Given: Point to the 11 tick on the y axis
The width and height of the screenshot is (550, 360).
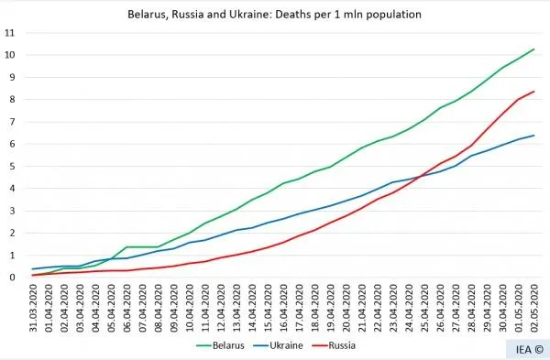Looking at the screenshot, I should (x=10, y=33).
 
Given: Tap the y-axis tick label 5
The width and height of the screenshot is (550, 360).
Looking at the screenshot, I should (x=10, y=166).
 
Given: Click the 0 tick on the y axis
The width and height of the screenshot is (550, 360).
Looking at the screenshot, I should (x=10, y=278).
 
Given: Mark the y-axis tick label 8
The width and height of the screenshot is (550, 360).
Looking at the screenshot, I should (x=10, y=100).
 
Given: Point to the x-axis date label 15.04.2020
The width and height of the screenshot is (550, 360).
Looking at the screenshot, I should (x=269, y=307).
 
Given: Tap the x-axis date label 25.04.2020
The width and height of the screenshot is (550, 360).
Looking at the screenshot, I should (x=425, y=307).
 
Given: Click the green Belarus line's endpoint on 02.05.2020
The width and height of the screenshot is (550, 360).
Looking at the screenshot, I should (x=534, y=49).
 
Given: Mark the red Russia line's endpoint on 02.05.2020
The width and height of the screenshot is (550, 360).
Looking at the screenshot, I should (x=534, y=92).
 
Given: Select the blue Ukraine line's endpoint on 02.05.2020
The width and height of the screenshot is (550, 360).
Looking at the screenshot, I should (x=534, y=136).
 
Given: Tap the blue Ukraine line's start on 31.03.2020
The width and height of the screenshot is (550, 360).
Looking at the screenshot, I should (x=34, y=268).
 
